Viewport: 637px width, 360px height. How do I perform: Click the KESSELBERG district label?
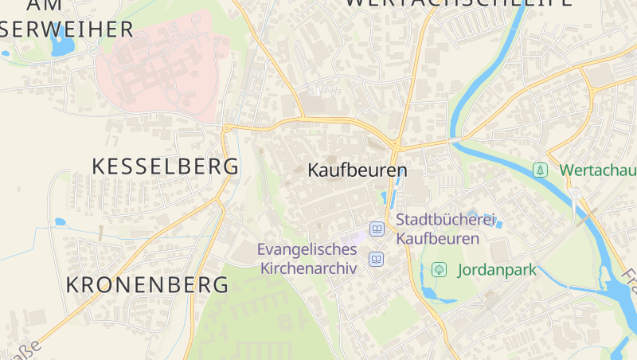(x=165, y=166)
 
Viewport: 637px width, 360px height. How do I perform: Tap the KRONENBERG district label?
(x=147, y=284)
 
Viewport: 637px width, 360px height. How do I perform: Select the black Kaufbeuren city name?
(x=357, y=170)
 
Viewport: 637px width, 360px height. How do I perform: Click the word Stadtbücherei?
(x=446, y=220)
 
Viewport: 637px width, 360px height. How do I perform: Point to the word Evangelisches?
(x=307, y=250)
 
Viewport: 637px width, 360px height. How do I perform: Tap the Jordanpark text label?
(x=497, y=270)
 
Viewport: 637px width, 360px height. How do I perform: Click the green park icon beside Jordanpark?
(x=438, y=270)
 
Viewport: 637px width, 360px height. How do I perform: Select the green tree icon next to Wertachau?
(x=541, y=170)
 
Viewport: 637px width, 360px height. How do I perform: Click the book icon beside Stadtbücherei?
(x=377, y=229)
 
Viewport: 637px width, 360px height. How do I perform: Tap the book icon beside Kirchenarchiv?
(x=376, y=259)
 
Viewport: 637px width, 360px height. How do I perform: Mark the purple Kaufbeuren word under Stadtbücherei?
(x=438, y=238)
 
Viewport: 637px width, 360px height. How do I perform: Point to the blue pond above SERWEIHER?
(x=61, y=44)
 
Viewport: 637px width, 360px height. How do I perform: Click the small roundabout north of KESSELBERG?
(x=227, y=127)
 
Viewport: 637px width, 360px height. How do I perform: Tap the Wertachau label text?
(x=597, y=170)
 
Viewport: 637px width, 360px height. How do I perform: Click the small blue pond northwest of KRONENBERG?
(x=60, y=222)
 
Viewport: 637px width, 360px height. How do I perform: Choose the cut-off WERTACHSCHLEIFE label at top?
(x=458, y=3)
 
